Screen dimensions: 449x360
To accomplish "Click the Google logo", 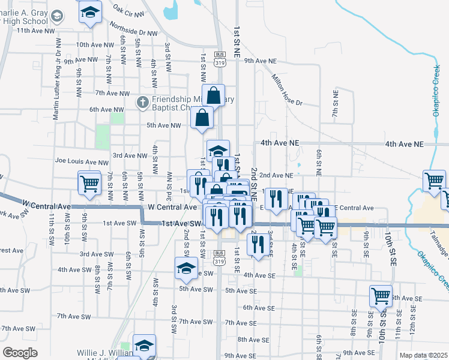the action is pyautogui.click(x=20, y=353).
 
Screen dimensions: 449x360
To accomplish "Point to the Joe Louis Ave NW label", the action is pyautogui.click(x=82, y=161).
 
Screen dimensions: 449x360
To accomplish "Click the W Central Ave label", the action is pyautogui.click(x=172, y=206).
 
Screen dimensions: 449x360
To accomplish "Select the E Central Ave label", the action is pyautogui.click(x=355, y=208).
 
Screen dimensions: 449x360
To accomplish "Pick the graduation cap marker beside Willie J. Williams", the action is pyautogui.click(x=144, y=346).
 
